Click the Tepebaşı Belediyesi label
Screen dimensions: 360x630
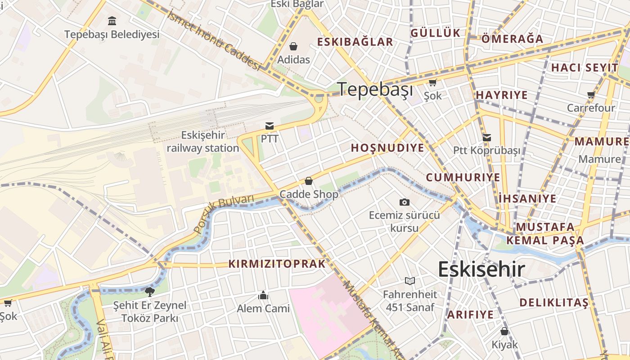(x=112, y=35)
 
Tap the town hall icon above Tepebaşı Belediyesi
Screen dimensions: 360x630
(x=112, y=21)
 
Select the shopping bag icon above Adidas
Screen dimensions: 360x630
(x=293, y=46)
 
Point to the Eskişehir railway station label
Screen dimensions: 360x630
(x=203, y=141)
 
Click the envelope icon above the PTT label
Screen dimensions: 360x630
(x=270, y=126)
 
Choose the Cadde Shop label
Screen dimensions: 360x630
(x=309, y=194)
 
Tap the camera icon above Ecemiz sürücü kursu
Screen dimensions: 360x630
(x=405, y=202)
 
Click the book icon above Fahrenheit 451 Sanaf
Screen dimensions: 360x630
(x=409, y=281)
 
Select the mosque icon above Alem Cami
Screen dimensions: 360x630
(x=263, y=295)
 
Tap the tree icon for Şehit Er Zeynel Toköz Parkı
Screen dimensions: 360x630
(x=150, y=292)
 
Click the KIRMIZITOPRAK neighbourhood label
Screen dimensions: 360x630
(x=277, y=264)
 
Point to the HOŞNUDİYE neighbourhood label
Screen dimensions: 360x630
(x=387, y=148)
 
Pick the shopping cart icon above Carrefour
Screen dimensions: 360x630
(x=591, y=95)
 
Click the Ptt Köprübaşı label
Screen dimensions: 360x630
(x=486, y=150)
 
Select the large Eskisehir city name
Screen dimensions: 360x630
(x=481, y=270)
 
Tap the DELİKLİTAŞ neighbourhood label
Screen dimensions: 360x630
(x=554, y=302)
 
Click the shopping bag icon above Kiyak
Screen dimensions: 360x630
(x=504, y=332)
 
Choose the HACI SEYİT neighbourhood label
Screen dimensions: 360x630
(x=585, y=68)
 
